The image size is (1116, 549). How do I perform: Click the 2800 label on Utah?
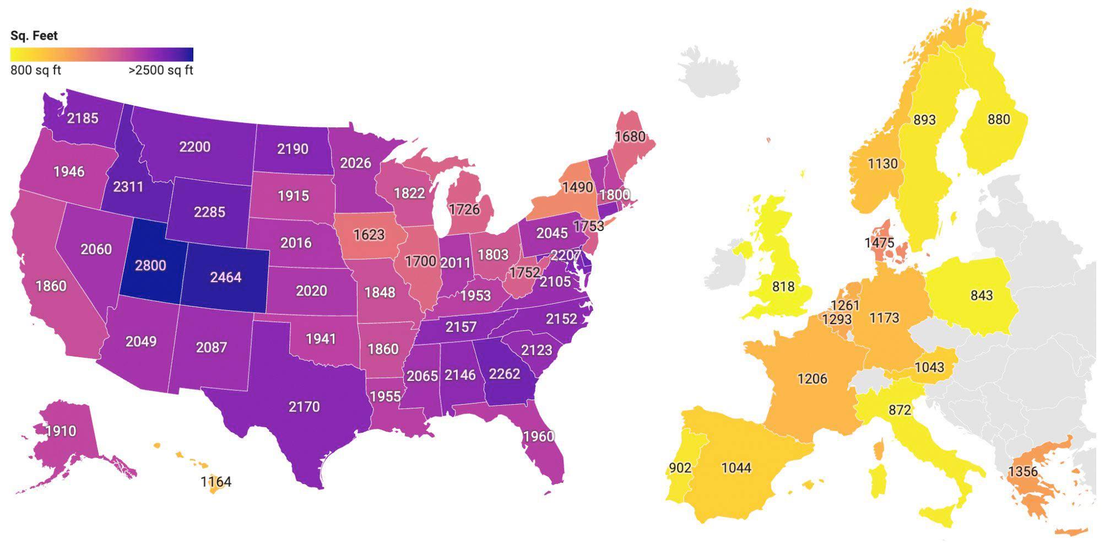[150, 265]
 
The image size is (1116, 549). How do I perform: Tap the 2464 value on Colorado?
[226, 277]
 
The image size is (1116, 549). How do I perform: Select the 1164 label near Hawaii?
[216, 482]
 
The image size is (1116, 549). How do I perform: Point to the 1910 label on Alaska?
[61, 430]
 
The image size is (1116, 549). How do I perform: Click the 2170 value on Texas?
[304, 407]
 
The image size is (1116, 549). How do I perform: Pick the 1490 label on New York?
[577, 187]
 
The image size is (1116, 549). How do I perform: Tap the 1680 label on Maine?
[630, 136]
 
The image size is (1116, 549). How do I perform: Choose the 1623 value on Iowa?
[369, 235]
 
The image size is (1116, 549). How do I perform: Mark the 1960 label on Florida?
[538, 437]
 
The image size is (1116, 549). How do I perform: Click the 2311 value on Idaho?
[128, 187]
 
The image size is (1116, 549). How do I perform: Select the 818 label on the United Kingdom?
[783, 286]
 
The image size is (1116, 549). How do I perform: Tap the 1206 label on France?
[812, 379]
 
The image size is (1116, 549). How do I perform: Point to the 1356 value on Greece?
[1022, 471]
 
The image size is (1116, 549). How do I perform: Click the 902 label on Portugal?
[680, 467]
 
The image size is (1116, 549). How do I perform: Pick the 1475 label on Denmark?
[879, 243]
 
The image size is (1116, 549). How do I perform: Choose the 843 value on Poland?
[981, 295]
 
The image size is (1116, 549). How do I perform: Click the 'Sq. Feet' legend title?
[34, 36]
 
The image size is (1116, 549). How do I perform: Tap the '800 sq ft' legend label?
[36, 71]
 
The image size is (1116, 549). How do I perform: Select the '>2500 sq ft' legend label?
[161, 71]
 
